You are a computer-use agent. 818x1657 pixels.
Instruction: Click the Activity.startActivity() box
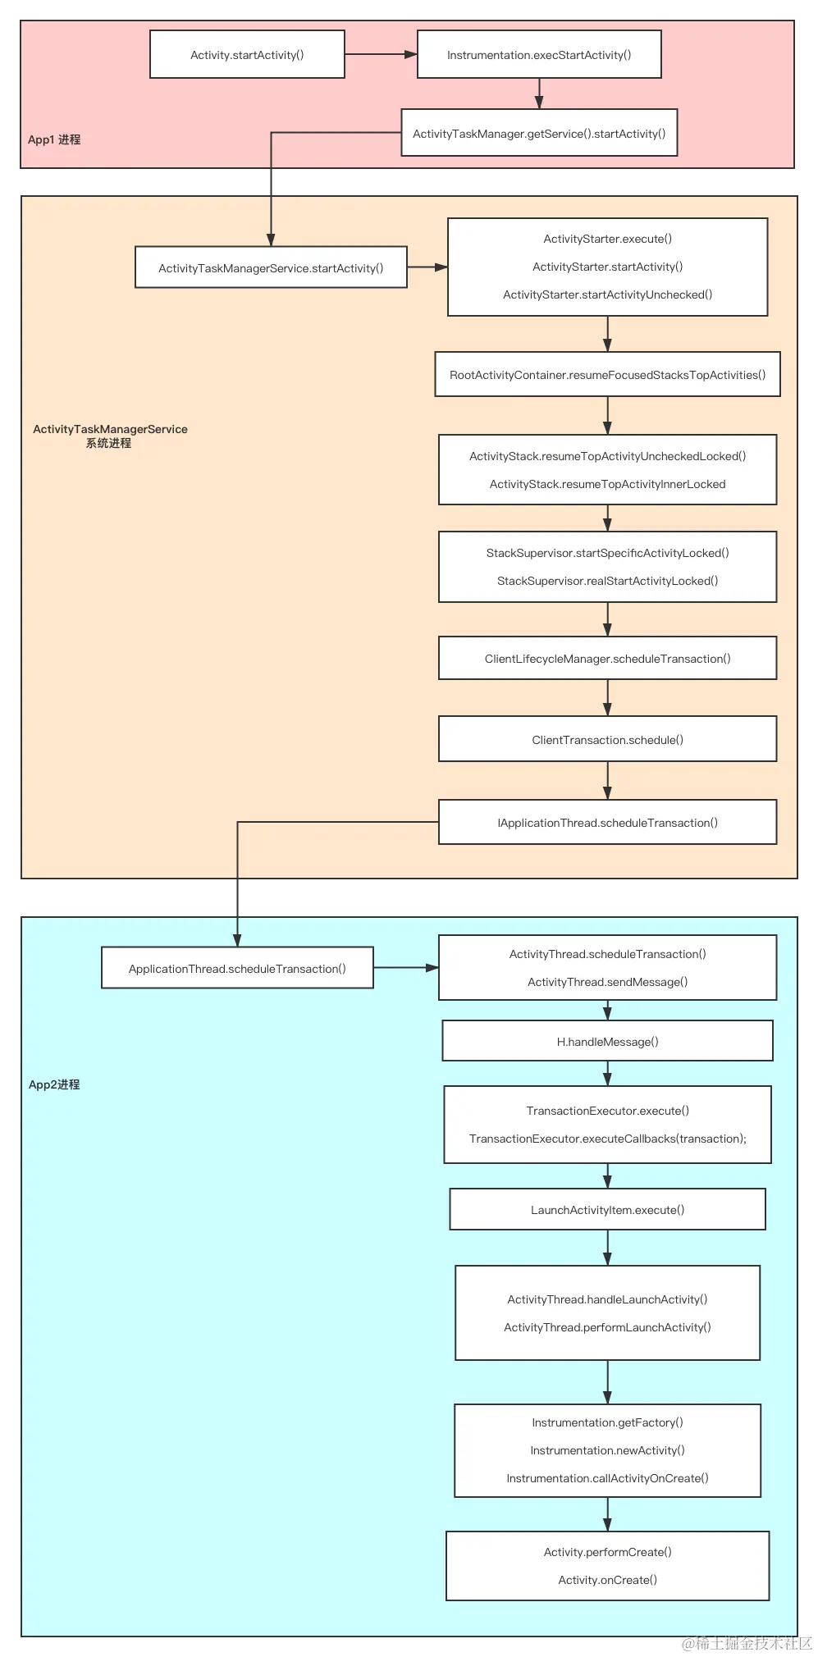point(247,55)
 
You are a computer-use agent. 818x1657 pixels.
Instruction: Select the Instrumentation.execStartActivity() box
point(539,55)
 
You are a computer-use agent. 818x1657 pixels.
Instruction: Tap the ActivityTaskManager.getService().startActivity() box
point(539,133)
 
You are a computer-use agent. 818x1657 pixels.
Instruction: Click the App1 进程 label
point(54,139)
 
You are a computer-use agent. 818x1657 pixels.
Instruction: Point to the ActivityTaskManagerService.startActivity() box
point(271,267)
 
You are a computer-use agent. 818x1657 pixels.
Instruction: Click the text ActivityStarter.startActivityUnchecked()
point(607,294)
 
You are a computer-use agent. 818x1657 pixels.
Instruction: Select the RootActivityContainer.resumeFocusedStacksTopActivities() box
point(607,375)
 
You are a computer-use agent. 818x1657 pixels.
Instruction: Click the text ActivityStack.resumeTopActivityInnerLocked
point(607,484)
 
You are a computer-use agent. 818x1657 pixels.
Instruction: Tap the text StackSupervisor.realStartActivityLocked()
point(607,581)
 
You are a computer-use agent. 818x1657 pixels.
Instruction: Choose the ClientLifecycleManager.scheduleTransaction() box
point(607,659)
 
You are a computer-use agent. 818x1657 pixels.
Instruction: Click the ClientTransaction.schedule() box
point(607,740)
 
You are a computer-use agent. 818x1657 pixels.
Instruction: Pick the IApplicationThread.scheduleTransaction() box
point(607,823)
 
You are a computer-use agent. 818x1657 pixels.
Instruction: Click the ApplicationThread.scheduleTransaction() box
point(237,969)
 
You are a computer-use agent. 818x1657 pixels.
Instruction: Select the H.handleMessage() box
point(607,1042)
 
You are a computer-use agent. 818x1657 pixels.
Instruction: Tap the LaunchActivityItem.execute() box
point(607,1210)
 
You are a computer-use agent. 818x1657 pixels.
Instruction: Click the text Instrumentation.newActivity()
point(607,1450)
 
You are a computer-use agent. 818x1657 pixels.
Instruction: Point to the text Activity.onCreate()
point(607,1580)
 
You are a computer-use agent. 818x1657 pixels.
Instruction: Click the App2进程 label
point(54,1084)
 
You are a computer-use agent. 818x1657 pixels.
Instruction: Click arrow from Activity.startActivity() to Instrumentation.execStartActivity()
point(381,55)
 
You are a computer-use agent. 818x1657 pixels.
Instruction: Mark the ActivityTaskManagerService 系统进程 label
point(110,436)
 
